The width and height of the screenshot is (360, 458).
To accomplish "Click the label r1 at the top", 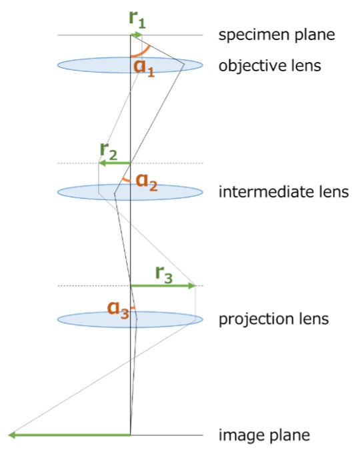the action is tap(137, 20).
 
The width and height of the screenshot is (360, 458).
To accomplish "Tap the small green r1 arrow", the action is tap(137, 35).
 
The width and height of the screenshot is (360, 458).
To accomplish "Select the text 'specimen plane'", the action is tap(277, 35).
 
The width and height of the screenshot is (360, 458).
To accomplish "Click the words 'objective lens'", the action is tap(270, 65).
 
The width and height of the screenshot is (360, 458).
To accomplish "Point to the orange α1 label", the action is tap(144, 69).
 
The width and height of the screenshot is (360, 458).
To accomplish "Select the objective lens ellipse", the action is tap(130, 65).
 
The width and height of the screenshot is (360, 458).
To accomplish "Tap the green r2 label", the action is tap(109, 152).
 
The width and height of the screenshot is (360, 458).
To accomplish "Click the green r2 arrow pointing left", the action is tap(115, 163).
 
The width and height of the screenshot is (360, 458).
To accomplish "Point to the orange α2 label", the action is tap(147, 183).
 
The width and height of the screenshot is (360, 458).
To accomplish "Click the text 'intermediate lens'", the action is tap(284, 192).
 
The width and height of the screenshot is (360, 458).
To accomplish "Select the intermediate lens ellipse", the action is tap(130, 192).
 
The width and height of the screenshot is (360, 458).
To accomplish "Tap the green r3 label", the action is tap(164, 275).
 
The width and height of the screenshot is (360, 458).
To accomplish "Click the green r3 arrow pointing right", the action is tap(163, 285).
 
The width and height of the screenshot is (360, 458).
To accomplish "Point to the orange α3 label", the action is tap(118, 310).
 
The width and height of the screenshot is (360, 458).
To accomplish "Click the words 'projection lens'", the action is tap(274, 319).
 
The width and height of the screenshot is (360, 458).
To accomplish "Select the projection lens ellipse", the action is tap(130, 319).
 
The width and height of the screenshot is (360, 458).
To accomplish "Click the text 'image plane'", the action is tap(264, 435).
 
